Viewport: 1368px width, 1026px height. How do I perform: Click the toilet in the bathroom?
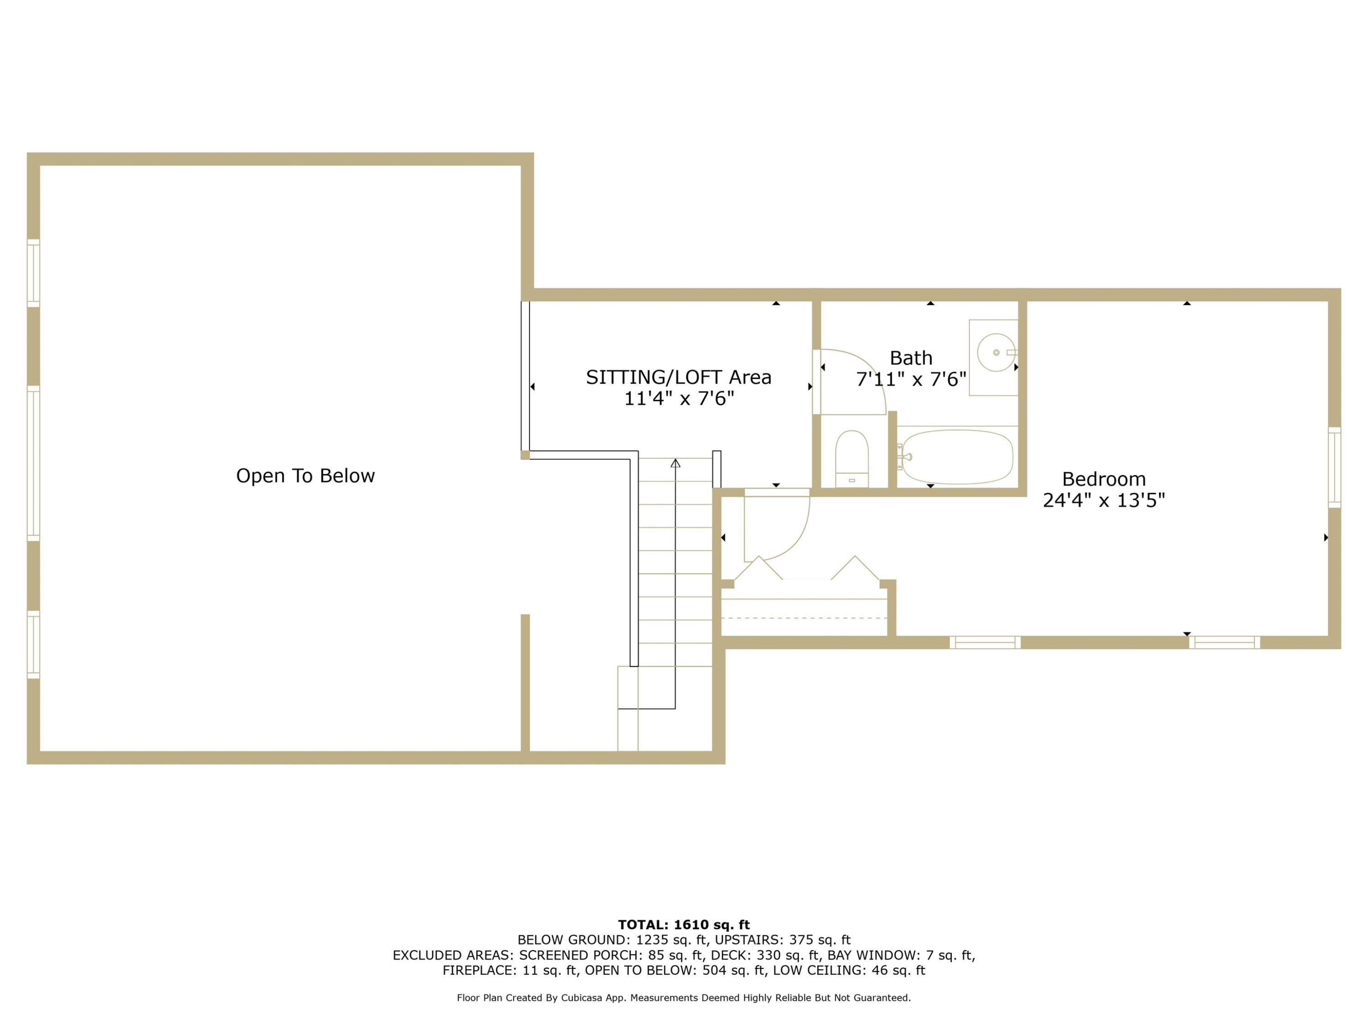coord(852,458)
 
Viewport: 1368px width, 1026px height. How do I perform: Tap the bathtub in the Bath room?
coord(957,457)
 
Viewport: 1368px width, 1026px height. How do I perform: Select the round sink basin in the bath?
coord(996,352)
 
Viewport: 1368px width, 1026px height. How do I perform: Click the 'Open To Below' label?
coord(306,476)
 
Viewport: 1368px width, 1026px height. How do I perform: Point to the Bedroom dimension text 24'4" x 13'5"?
coord(1104,500)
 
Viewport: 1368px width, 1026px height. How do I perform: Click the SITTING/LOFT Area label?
coord(679,377)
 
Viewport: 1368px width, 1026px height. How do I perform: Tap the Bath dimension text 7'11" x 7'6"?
coord(911,379)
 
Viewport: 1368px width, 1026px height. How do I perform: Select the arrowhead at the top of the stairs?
coord(675,462)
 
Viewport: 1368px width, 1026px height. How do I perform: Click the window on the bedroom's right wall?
coord(1335,467)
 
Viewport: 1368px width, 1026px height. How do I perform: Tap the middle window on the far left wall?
coord(33,463)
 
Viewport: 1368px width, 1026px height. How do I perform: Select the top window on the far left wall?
coord(33,273)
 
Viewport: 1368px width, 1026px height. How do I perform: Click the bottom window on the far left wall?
coord(33,644)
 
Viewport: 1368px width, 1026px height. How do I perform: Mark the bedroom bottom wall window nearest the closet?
coord(985,643)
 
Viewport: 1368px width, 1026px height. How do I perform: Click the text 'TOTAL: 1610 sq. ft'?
coord(684,925)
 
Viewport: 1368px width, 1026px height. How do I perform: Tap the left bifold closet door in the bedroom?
coord(758,568)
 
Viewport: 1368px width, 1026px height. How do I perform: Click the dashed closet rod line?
coord(804,618)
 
